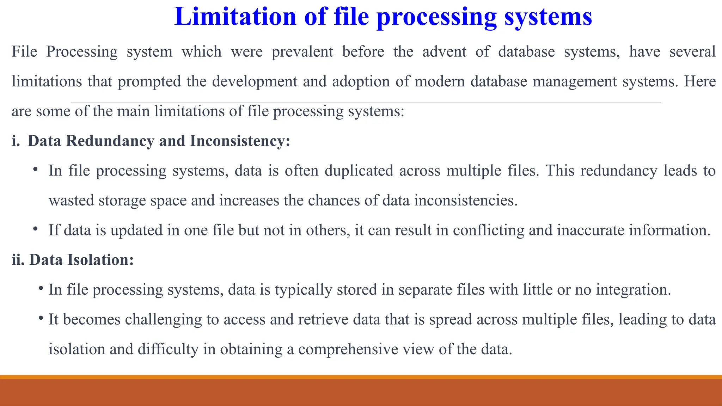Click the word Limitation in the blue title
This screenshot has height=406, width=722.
tap(235, 17)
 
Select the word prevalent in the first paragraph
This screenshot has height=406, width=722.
tap(302, 52)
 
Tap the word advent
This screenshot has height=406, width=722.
tap(444, 52)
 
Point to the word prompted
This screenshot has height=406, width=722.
tap(149, 82)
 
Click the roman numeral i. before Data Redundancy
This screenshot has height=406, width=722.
tap(16, 141)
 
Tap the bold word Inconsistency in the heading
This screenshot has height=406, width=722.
tap(240, 141)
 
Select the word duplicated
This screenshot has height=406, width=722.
tap(359, 171)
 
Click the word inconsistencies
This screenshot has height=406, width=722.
tap(465, 201)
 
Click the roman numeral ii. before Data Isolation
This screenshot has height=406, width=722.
tap(18, 260)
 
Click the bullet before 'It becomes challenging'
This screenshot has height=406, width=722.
tap(41, 319)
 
